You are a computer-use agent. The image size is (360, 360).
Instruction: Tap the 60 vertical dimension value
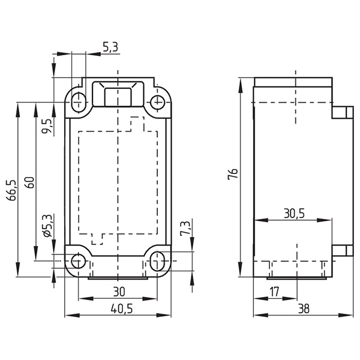tap(30, 182)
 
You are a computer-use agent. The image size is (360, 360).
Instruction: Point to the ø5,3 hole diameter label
tap(47, 226)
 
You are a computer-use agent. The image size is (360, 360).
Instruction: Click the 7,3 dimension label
tap(185, 228)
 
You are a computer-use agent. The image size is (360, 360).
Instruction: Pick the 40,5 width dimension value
tap(122, 309)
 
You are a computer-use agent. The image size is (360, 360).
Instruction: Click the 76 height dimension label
tap(233, 174)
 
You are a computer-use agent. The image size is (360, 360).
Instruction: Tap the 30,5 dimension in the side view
tap(294, 213)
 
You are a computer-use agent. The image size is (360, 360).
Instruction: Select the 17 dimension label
tap(274, 292)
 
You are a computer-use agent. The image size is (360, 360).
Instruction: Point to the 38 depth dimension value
tap(304, 309)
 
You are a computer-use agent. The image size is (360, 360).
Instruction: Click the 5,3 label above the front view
tap(110, 47)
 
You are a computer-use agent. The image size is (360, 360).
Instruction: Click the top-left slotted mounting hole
tap(79, 102)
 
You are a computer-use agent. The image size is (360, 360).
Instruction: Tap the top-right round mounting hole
tap(157, 102)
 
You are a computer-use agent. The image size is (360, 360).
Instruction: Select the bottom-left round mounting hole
tap(79, 261)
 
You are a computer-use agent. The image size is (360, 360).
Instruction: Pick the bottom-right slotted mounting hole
tap(157, 261)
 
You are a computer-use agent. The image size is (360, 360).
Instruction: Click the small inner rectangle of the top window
tap(118, 97)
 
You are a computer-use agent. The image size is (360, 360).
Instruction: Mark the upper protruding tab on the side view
tap(343, 112)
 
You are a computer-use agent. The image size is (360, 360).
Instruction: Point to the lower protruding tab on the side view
tap(343, 251)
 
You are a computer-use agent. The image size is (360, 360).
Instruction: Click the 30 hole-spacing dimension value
tap(119, 292)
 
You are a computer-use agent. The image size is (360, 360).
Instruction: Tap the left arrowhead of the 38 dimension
tap(261, 315)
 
